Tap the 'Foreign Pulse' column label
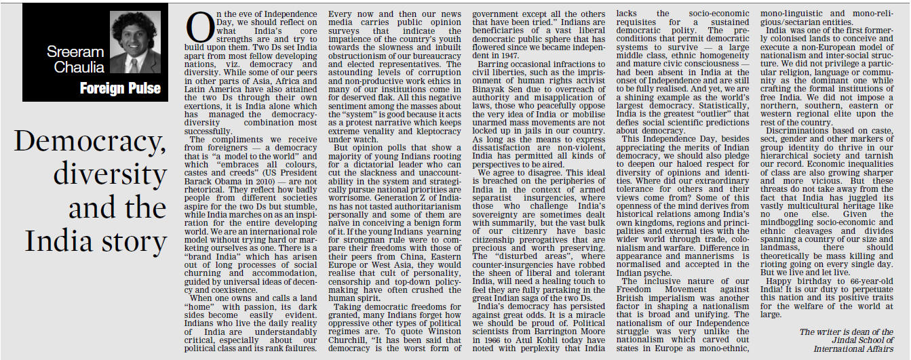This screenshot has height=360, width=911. click(120, 88)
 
